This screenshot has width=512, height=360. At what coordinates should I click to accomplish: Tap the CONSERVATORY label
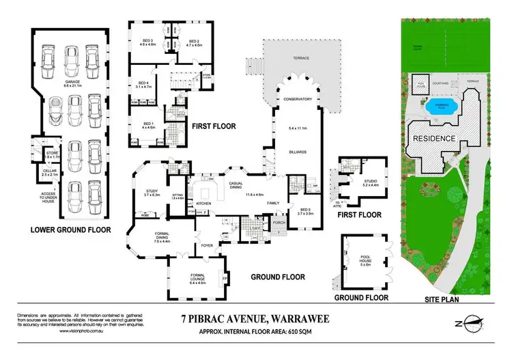pos(298,99)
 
